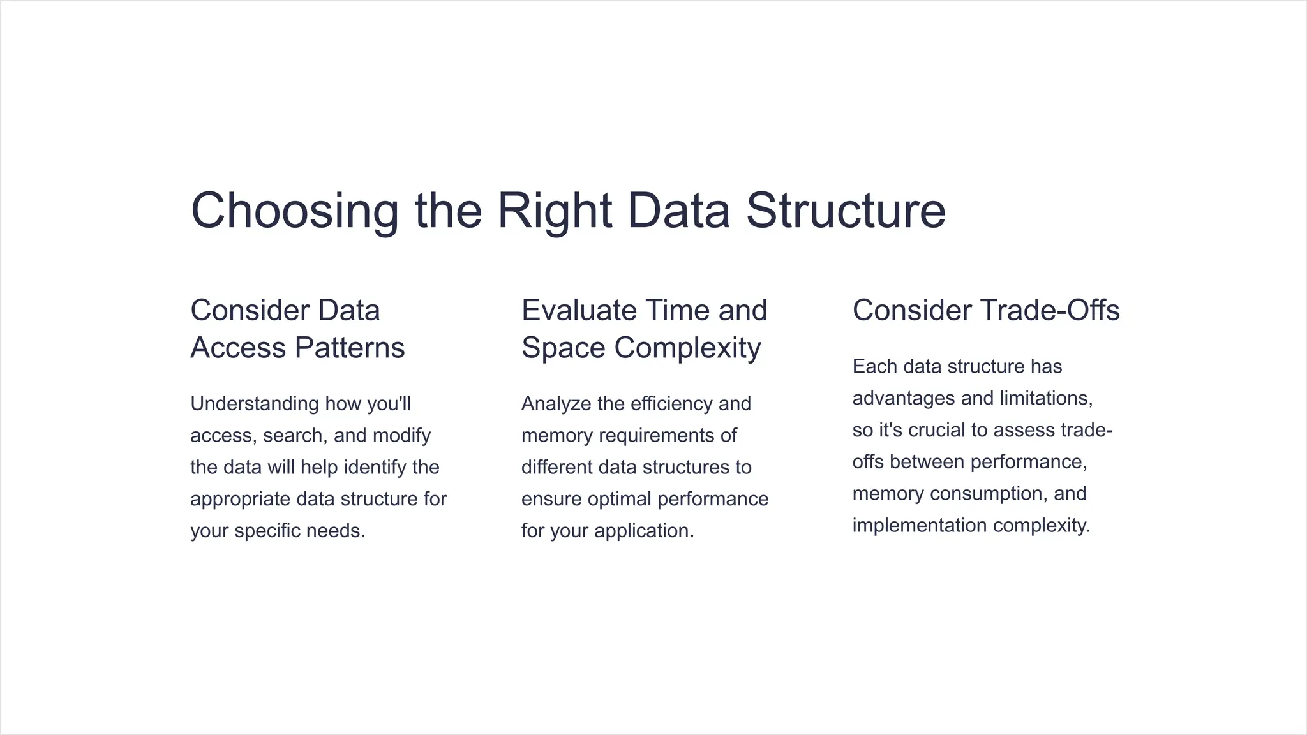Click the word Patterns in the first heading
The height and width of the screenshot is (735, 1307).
coord(350,348)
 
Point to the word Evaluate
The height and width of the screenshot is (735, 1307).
coord(579,311)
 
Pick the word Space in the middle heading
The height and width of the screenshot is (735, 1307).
coord(563,348)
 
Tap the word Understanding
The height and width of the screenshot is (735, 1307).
coord(255,404)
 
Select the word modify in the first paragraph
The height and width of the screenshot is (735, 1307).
coord(401,436)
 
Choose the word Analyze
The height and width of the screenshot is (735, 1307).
coord(556,404)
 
